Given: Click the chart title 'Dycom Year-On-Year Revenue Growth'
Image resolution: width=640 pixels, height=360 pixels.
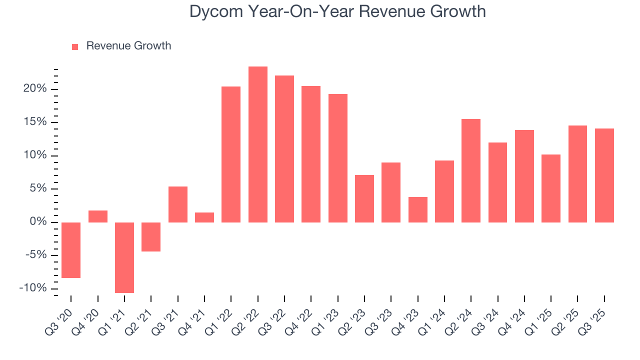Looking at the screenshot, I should point(337,11).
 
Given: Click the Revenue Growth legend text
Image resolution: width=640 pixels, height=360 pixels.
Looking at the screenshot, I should point(128,46).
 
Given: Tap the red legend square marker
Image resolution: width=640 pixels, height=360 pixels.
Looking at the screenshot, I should point(75,46).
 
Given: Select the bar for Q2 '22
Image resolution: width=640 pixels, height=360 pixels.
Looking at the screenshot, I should point(257,144).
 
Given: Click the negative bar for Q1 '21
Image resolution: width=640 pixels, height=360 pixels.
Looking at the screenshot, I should point(124,257).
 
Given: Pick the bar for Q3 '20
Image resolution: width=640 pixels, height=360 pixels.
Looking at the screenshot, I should point(71,250).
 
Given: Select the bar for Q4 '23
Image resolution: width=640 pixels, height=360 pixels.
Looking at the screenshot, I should point(417,209).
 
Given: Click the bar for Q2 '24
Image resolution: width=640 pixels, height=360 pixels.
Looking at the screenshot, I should point(471,170).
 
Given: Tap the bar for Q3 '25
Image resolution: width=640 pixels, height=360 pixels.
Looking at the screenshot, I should point(604,175).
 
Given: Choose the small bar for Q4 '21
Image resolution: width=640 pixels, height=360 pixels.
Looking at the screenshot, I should point(204,217).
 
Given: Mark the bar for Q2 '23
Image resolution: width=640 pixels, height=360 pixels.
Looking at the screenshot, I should point(364,198).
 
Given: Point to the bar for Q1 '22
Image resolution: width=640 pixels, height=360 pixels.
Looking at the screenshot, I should point(231,154).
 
